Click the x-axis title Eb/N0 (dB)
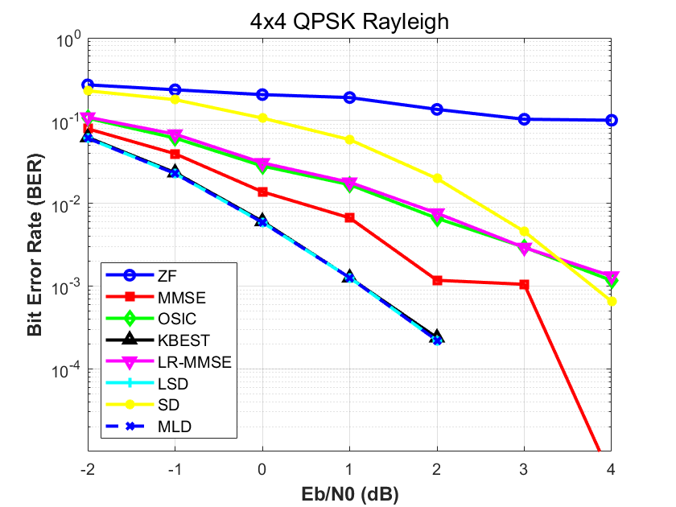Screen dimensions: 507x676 click(349, 490)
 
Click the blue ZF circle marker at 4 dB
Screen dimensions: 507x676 click(612, 120)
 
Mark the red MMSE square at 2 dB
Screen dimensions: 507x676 click(437, 280)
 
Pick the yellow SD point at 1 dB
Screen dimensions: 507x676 click(349, 139)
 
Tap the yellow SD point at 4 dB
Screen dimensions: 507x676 click(612, 301)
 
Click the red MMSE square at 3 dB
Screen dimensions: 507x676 click(524, 284)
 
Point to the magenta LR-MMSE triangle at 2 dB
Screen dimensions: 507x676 click(437, 214)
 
